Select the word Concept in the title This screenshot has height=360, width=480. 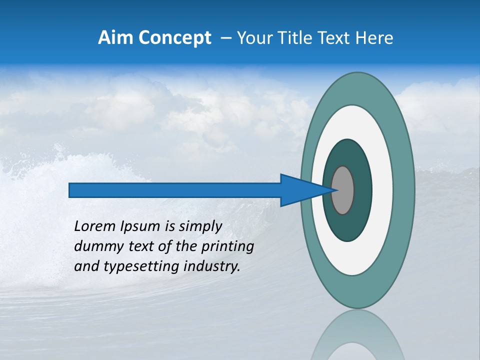(174, 38)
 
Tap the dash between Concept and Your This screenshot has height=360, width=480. (226, 38)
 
